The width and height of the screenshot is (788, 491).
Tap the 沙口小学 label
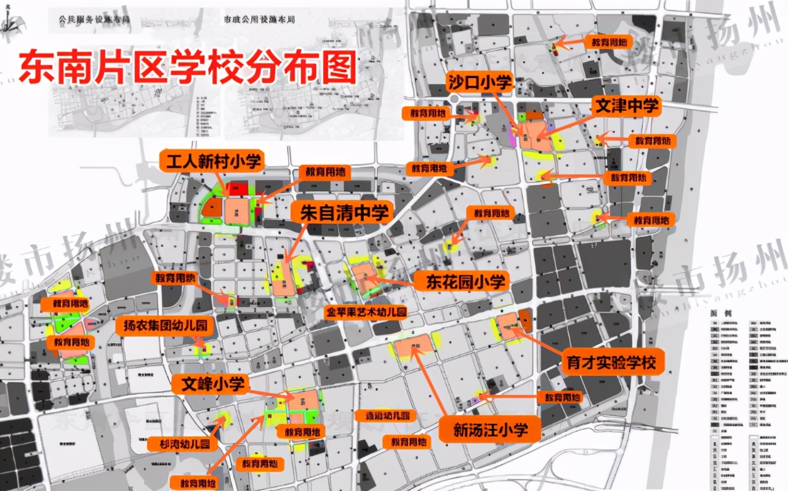coord(480,81)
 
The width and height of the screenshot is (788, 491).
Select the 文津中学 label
coord(625,106)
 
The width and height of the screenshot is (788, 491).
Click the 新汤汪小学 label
coord(490,429)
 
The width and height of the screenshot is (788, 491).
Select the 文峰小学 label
coord(208,385)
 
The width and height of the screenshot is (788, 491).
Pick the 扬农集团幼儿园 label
coord(165,325)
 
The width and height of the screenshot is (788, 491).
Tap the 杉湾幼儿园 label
coord(179,443)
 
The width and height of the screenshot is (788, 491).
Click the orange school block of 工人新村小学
coord(238,210)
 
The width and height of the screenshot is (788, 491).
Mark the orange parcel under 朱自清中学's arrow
coord(284,282)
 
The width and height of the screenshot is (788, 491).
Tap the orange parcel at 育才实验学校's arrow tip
coord(508,325)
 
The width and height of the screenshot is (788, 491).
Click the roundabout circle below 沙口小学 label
coord(456,100)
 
